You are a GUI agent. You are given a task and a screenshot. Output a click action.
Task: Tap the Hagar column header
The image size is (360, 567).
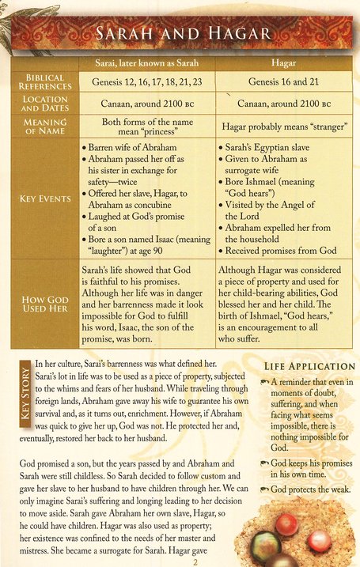(x=282, y=62)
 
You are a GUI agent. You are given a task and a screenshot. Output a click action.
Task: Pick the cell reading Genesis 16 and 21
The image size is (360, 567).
(x=282, y=81)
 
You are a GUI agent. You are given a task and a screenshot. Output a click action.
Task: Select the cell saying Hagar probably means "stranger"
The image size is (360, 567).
(x=282, y=127)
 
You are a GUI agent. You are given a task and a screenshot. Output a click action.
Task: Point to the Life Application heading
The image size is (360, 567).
(x=309, y=366)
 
